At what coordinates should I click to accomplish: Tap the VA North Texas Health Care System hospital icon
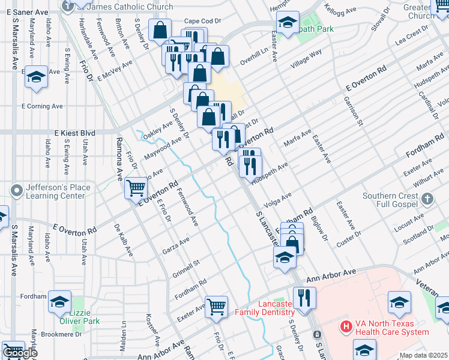[x=346, y=327]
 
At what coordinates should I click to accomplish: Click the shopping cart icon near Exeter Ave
[x=216, y=306]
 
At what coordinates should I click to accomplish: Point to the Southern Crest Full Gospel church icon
[x=427, y=198]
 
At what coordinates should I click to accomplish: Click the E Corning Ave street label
[x=42, y=106]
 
